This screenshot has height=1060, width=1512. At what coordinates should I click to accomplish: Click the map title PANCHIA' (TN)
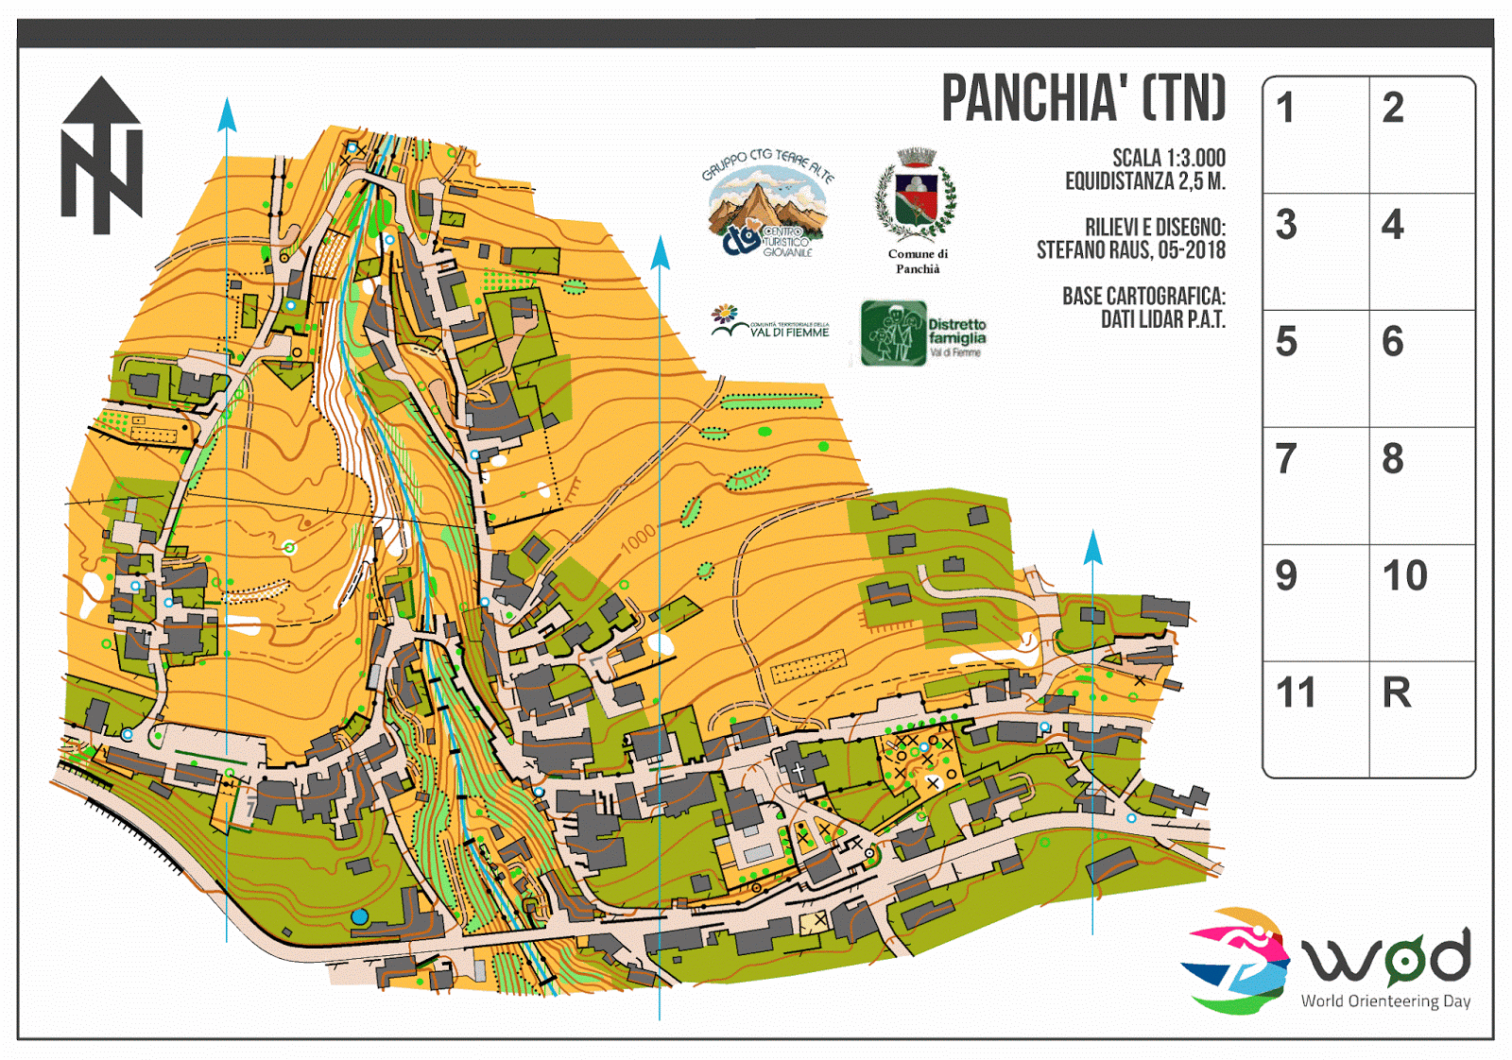[1083, 98]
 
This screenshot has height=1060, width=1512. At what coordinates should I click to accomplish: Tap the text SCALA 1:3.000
[1168, 158]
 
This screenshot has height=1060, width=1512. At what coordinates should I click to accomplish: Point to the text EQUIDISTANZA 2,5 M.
[1144, 181]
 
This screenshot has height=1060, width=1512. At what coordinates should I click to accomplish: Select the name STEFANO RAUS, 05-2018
[1130, 250]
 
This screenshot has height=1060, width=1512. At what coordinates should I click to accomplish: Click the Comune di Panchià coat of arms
[916, 198]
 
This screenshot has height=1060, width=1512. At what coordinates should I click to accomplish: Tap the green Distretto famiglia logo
[922, 333]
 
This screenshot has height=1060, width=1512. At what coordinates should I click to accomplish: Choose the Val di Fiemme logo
[769, 322]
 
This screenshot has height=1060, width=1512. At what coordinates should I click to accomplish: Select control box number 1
[1315, 135]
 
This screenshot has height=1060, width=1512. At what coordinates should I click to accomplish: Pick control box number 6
[1421, 368]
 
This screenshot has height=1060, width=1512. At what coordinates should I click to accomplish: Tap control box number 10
[1421, 602]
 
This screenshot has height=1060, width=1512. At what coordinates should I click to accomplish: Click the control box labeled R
[1421, 719]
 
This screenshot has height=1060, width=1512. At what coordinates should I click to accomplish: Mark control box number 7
[1315, 486]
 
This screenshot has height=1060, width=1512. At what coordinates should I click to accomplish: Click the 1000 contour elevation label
[638, 539]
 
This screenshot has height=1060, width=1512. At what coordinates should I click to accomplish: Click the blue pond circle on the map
[359, 916]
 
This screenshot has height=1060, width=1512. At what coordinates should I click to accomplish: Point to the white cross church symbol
[799, 772]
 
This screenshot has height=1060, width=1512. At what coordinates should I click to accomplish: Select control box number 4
[1421, 251]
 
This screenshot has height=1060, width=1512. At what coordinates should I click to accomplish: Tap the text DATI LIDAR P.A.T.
[1162, 320]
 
